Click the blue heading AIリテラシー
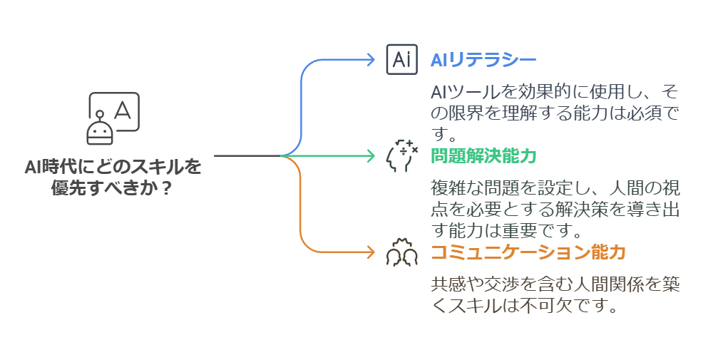pyautogui.click(x=483, y=60)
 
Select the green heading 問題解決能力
pyautogui.click(x=483, y=155)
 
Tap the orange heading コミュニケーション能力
pyautogui.click(x=528, y=252)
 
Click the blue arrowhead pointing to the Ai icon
pyautogui.click(x=370, y=60)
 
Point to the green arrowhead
pyautogui.click(x=370, y=155)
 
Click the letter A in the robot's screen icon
pyautogui.click(x=123, y=110)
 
